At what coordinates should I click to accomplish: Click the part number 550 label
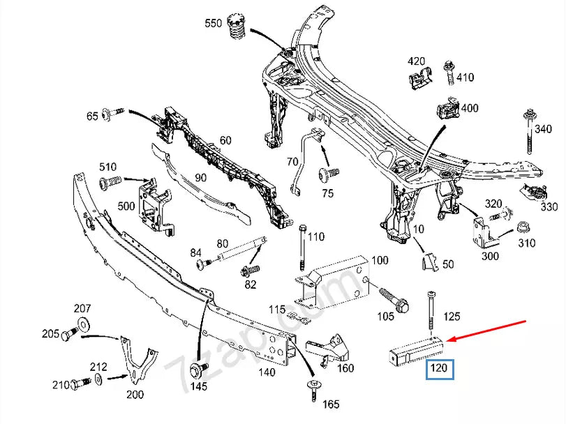click(x=213, y=24)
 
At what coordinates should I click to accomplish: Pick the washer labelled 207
click(x=82, y=322)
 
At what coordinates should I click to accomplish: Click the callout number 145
click(x=200, y=386)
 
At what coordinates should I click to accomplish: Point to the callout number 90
click(x=200, y=178)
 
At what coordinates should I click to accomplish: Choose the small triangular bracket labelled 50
click(x=430, y=262)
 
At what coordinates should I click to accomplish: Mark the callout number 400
click(x=470, y=108)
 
